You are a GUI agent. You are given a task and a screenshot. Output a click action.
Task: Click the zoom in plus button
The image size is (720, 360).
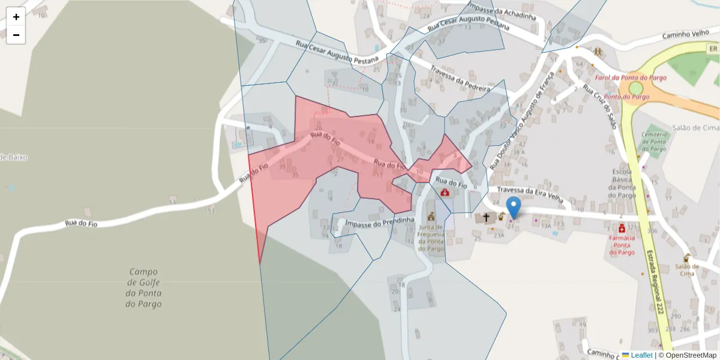tap(16, 17)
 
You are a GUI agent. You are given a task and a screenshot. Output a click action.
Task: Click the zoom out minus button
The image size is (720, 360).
tap(16, 35)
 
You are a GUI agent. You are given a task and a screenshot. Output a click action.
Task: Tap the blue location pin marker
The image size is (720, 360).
tap(514, 208)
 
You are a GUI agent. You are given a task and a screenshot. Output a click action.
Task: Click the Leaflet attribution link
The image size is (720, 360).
tap(641, 355)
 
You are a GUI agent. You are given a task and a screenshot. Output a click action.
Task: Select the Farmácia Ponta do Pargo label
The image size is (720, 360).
tap(622, 245)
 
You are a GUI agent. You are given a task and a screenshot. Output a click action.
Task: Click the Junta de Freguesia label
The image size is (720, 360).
tap(431, 238)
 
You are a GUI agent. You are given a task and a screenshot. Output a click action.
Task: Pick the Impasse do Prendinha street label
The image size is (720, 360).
tap(377, 221)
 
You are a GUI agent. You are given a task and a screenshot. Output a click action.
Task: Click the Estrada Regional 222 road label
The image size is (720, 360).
tap(655, 282)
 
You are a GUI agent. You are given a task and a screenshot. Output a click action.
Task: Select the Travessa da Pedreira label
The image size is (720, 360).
tap(460, 78)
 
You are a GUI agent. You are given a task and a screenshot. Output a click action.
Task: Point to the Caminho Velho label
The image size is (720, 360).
tap(686, 35)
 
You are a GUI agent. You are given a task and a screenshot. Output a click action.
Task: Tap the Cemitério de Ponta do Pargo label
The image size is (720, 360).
tap(653, 142)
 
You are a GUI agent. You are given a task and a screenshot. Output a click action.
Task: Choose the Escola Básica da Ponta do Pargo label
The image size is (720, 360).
tap(622, 183)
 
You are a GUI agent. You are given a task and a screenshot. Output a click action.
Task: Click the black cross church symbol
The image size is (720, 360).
tap(486, 217)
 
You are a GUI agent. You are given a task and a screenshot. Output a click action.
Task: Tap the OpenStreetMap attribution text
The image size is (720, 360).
tap(687, 355)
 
